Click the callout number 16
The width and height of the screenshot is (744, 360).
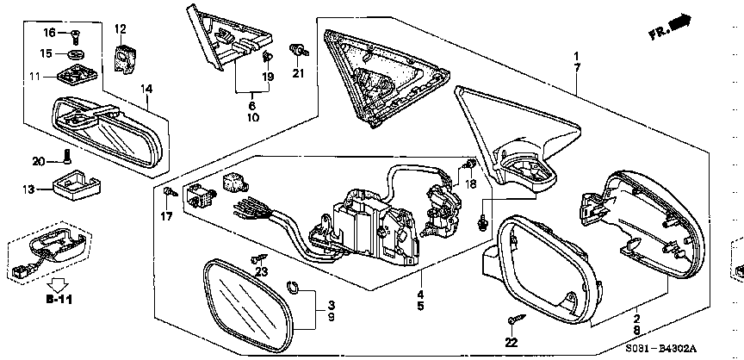pyautogui.click(x=49, y=32)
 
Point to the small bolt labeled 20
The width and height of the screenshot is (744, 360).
pyautogui.click(x=67, y=156)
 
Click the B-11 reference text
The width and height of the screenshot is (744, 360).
pyautogui.click(x=59, y=300)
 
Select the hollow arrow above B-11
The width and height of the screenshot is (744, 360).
pyautogui.click(x=59, y=285)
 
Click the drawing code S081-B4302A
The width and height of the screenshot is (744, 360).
pyautogui.click(x=660, y=349)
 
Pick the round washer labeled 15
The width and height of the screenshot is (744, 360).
pyautogui.click(x=76, y=53)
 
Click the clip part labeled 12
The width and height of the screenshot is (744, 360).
pyautogui.click(x=125, y=59)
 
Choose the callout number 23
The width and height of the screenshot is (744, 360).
pyautogui.click(x=261, y=272)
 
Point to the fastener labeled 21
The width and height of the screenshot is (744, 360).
pyautogui.click(x=299, y=51)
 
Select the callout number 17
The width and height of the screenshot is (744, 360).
pyautogui.click(x=166, y=217)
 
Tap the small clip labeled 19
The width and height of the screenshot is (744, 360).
pyautogui.click(x=267, y=58)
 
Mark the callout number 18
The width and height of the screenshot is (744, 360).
pyautogui.click(x=469, y=184)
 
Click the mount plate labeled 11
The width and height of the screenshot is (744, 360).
pyautogui.click(x=77, y=74)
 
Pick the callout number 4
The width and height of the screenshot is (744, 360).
pyautogui.click(x=420, y=294)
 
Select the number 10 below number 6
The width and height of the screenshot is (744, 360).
pyautogui.click(x=253, y=117)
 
